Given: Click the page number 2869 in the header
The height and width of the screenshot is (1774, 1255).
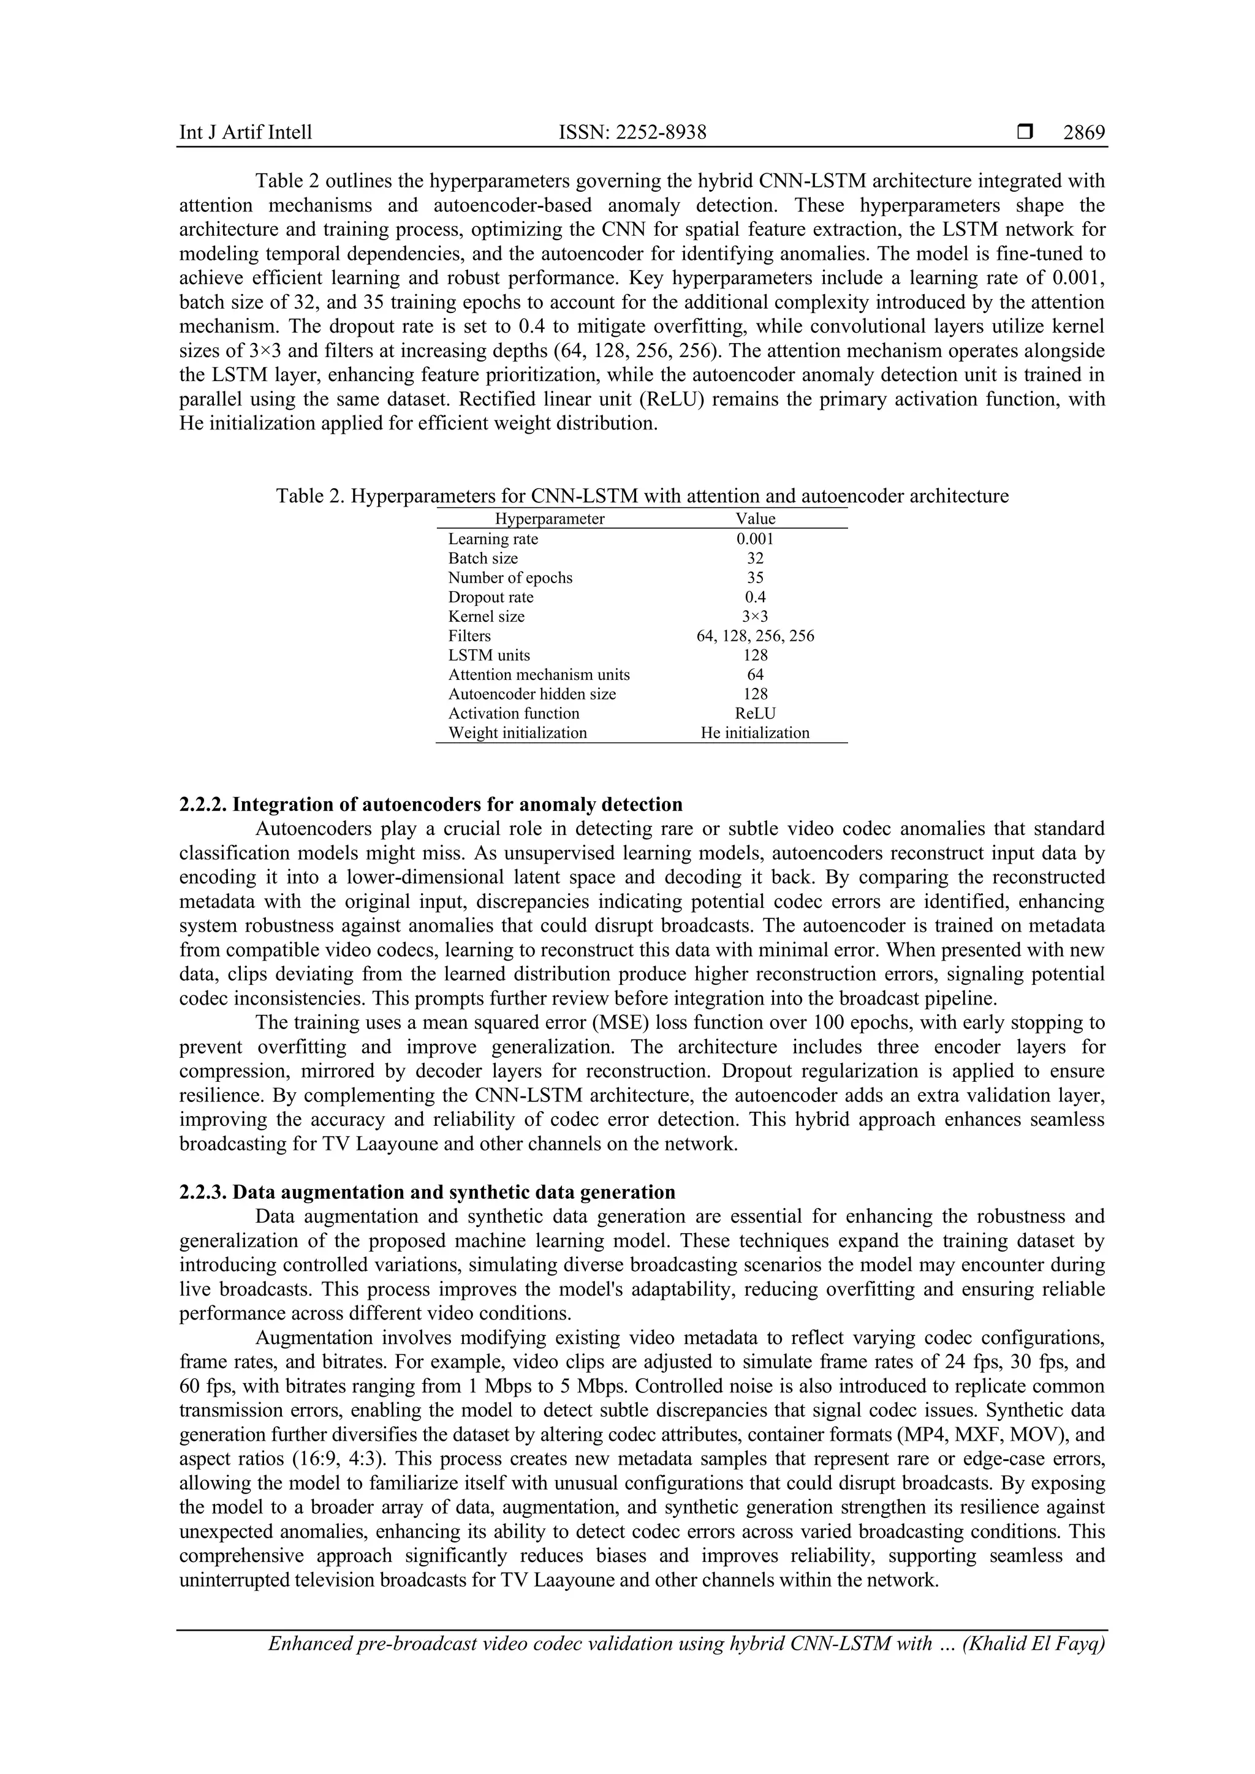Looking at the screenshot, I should click(x=1083, y=133).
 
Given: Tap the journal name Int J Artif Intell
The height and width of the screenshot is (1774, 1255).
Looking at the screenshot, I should click(x=246, y=133).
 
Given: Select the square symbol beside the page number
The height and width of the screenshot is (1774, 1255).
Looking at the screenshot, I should click(x=1025, y=133).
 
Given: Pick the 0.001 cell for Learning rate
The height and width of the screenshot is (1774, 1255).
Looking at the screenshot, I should click(x=755, y=538).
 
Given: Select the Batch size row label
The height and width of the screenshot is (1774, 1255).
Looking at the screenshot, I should click(x=483, y=558).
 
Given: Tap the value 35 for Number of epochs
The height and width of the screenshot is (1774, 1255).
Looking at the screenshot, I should click(x=755, y=577).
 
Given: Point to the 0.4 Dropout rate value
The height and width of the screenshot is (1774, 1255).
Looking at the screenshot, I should click(x=755, y=597).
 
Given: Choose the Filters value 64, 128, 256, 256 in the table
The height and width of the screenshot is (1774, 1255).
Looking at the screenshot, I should click(x=755, y=636).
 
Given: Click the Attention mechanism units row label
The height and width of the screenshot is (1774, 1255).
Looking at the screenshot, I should click(x=539, y=674).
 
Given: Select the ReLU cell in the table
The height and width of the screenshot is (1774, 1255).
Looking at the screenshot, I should click(x=755, y=713).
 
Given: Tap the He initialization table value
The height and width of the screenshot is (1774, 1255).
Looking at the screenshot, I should click(x=755, y=733).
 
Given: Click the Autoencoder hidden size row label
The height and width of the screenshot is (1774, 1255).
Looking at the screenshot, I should click(x=532, y=694).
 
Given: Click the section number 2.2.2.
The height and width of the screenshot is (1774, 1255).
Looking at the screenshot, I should click(x=203, y=805).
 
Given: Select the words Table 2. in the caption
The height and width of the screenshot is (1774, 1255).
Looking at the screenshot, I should click(x=310, y=496).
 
